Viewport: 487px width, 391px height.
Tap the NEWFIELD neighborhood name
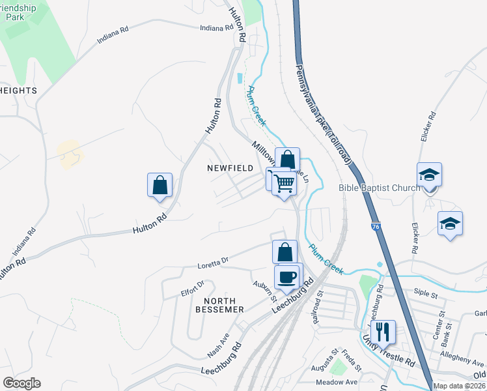click(230, 168)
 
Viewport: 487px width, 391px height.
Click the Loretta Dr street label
click(214, 262)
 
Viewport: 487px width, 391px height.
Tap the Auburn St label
click(265, 288)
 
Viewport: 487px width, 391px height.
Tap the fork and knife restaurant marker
click(383, 332)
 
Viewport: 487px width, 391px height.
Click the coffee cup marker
click(286, 277)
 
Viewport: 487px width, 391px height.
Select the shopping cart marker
click(284, 184)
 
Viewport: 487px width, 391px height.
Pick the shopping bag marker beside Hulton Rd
click(160, 185)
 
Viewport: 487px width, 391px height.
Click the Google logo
click(21, 383)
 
